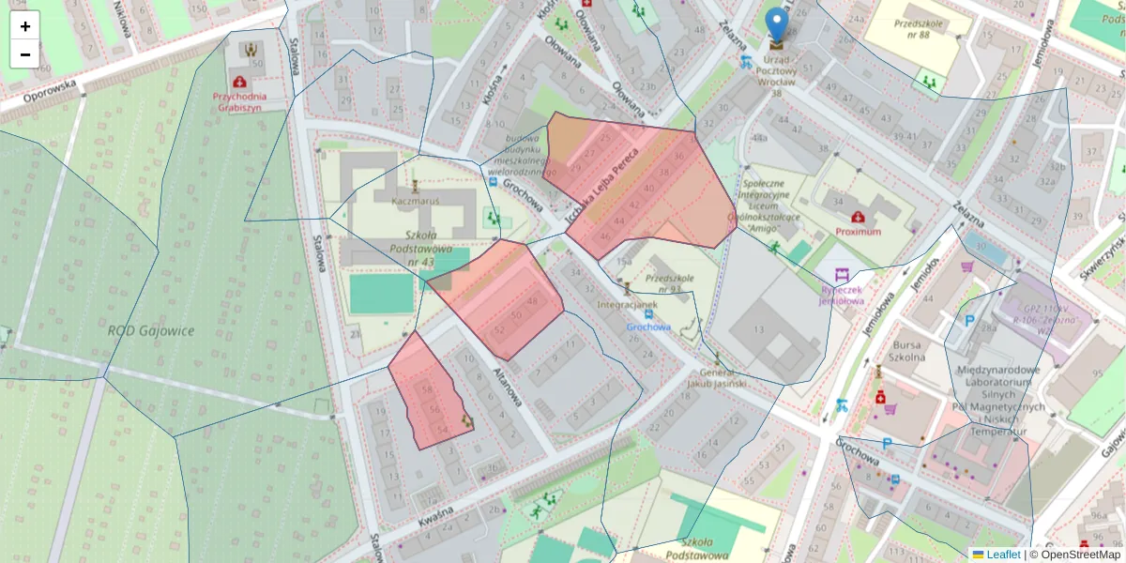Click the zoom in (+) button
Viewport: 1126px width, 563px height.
coord(25,26)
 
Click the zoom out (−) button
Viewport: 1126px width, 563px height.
coord(25,54)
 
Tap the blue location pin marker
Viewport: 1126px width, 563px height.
coord(776,25)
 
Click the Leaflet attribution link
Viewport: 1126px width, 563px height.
coord(1003,555)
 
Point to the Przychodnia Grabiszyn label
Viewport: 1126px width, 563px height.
coord(239,101)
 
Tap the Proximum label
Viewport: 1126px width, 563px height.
coord(858,231)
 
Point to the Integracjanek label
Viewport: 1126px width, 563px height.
coord(628,305)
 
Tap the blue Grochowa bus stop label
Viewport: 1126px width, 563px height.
coord(648,327)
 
